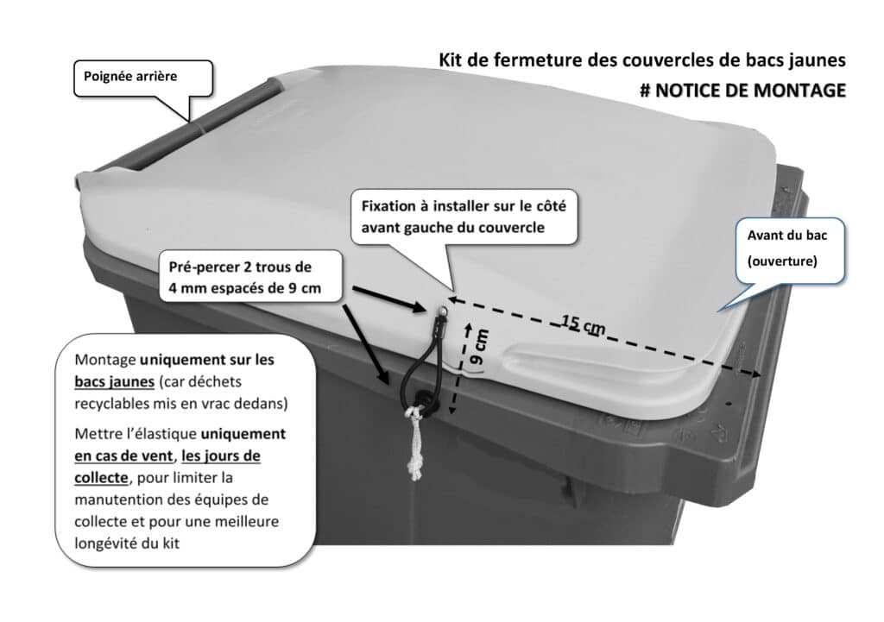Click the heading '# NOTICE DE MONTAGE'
(742, 90)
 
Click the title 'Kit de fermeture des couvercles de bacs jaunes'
(642, 60)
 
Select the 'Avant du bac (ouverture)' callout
(789, 249)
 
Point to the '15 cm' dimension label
(583, 324)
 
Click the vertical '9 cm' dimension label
(480, 348)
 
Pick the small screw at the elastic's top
(443, 311)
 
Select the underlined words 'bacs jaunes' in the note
(115, 381)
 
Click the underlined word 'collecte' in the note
(102, 478)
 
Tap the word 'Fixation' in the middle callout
(388, 206)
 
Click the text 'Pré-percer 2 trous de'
(240, 267)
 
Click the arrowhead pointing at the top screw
(420, 306)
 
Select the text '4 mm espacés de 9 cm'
(244, 288)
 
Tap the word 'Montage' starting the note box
(104, 360)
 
